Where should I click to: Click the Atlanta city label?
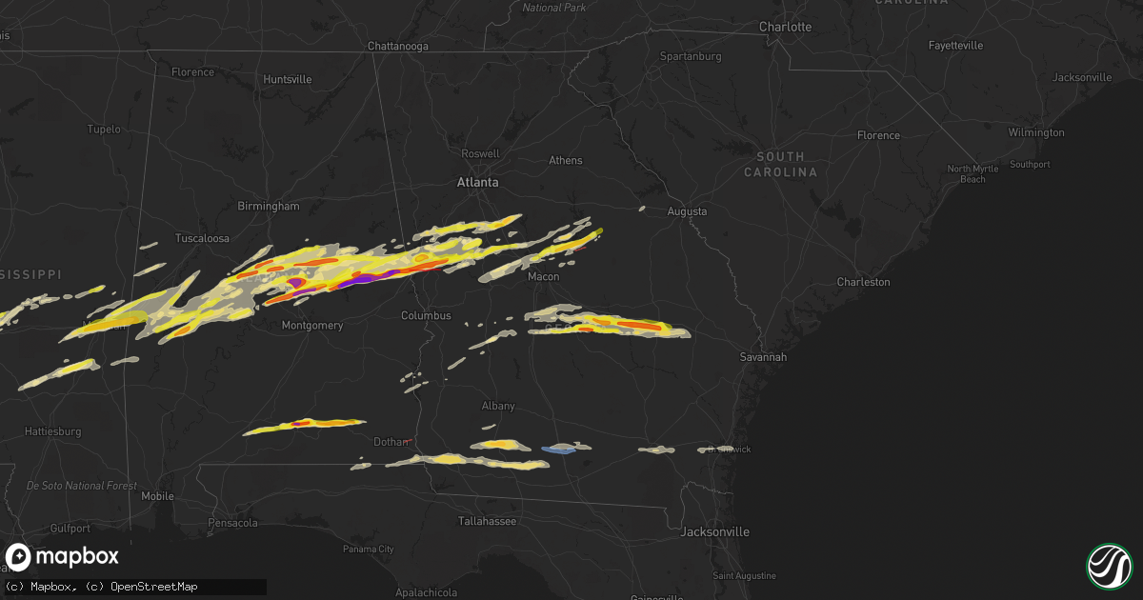pyautogui.click(x=477, y=182)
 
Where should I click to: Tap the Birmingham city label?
pyautogui.click(x=270, y=206)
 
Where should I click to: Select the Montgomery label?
pyautogui.click(x=311, y=326)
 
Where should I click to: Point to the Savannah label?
pyautogui.click(x=764, y=356)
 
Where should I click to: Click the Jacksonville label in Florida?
pyautogui.click(x=714, y=531)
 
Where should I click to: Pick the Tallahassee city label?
pyautogui.click(x=487, y=521)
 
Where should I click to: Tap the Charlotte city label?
pyautogui.click(x=785, y=27)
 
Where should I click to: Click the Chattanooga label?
pyautogui.click(x=398, y=46)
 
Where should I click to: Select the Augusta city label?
pyautogui.click(x=687, y=211)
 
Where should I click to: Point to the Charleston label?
pyautogui.click(x=863, y=282)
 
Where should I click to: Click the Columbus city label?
pyautogui.click(x=426, y=315)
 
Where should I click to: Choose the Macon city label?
pyautogui.click(x=544, y=276)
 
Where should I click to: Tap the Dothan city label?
pyautogui.click(x=391, y=442)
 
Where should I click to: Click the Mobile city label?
pyautogui.click(x=157, y=496)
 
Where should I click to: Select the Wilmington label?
pyautogui.click(x=1035, y=132)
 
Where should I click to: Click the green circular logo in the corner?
pyautogui.click(x=1109, y=566)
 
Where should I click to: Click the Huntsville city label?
pyautogui.click(x=287, y=79)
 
